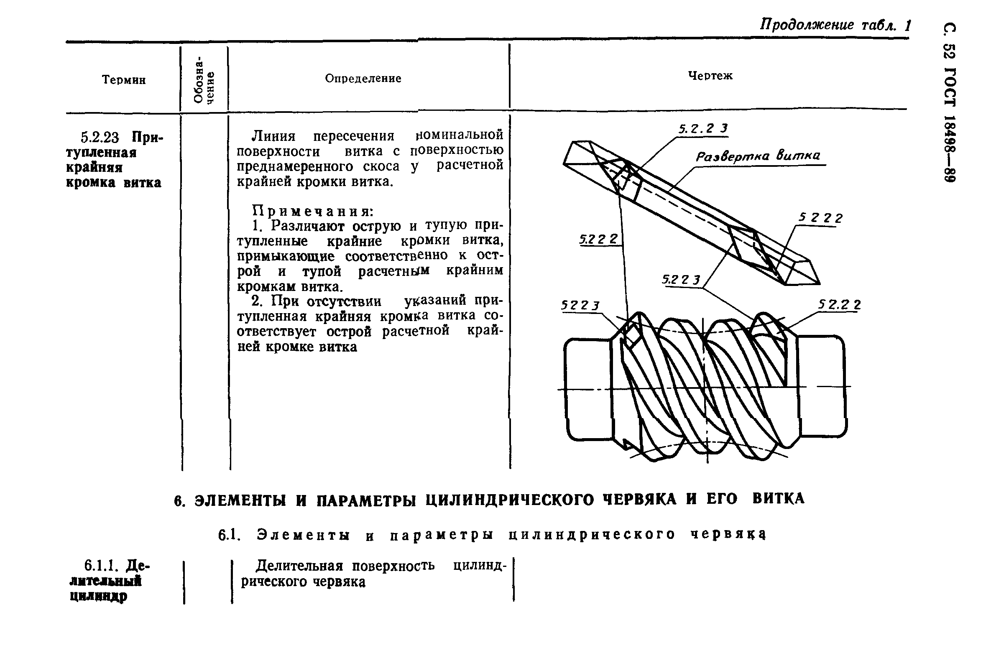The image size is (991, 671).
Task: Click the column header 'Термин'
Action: click(x=124, y=80)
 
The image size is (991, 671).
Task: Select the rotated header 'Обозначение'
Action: click(x=204, y=80)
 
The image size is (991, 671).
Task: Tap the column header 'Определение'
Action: click(x=363, y=79)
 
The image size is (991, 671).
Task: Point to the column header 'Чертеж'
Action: click(x=710, y=75)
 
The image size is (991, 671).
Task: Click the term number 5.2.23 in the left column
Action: click(x=100, y=138)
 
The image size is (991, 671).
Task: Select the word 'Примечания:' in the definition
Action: click(x=313, y=211)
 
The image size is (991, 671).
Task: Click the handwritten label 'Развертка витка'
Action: click(x=758, y=156)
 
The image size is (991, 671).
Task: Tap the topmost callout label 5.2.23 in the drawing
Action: click(x=703, y=128)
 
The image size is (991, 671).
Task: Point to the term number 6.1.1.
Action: click(x=100, y=566)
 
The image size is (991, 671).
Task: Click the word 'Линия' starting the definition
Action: click(x=273, y=136)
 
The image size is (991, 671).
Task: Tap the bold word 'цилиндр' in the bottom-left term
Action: click(x=98, y=596)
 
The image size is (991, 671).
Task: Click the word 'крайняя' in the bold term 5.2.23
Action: click(x=94, y=168)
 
